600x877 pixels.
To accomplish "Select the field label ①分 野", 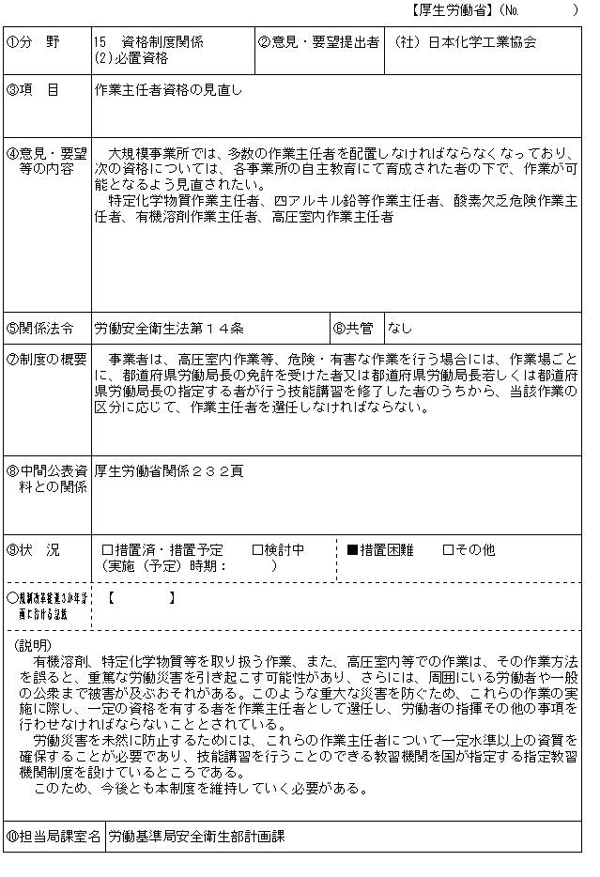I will click(x=33, y=42).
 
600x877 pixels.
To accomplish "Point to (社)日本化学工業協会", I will click(x=466, y=42).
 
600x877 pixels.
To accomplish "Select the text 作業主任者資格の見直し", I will click(x=168, y=90).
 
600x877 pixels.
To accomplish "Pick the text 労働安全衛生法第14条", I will click(x=169, y=329).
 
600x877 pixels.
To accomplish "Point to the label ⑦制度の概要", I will click(x=46, y=359).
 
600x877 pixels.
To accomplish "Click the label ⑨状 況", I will click(x=33, y=549).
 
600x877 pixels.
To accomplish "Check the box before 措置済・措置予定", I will click(x=107, y=549).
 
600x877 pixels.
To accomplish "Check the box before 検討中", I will click(x=257, y=549).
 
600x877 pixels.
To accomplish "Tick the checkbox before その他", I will click(x=448, y=549).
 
